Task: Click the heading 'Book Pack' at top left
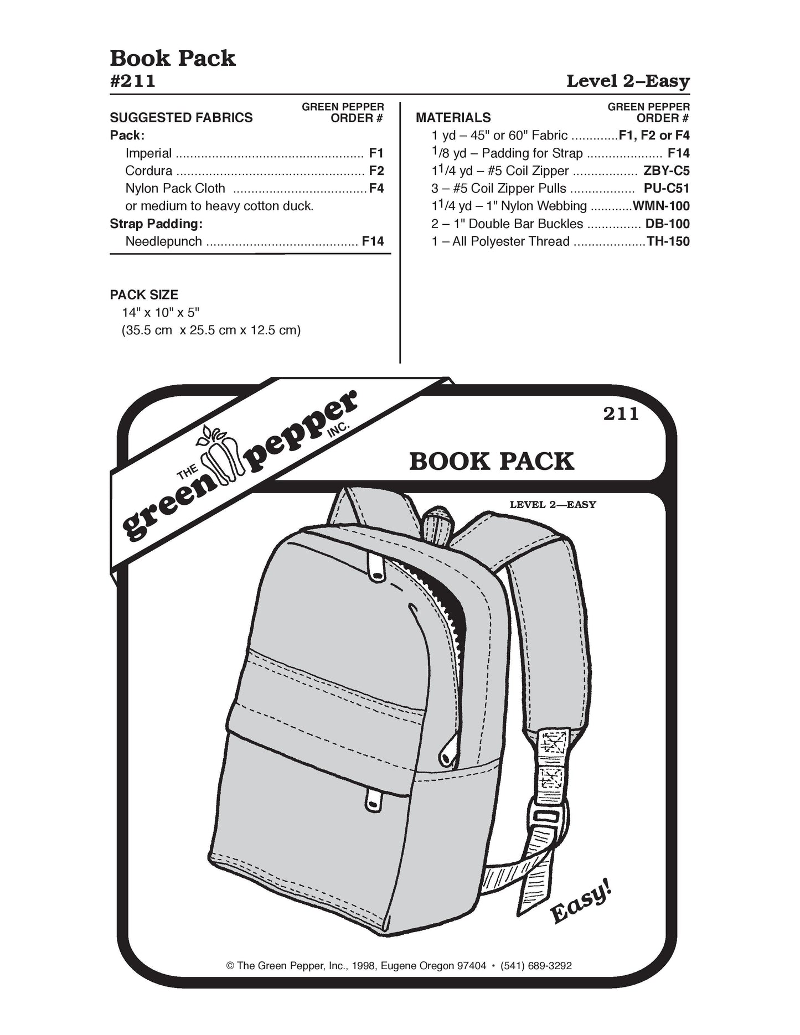pos(173,59)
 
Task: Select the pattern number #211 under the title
pos(133,81)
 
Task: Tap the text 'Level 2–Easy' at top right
pos(628,81)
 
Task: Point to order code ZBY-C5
pos(667,171)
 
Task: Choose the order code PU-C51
pos(667,189)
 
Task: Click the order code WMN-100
pos(661,206)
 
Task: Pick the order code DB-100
pos(667,224)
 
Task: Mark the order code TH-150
pos(668,242)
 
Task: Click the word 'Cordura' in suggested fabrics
pos(149,171)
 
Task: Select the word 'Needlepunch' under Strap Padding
pos(164,242)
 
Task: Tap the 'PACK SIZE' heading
pos(144,295)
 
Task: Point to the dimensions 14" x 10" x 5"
pos(161,313)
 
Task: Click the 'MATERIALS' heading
pos(453,118)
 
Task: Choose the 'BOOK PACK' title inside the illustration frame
pos(492,462)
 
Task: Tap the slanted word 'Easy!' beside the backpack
pos(581,905)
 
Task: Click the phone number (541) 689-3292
pos(536,966)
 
